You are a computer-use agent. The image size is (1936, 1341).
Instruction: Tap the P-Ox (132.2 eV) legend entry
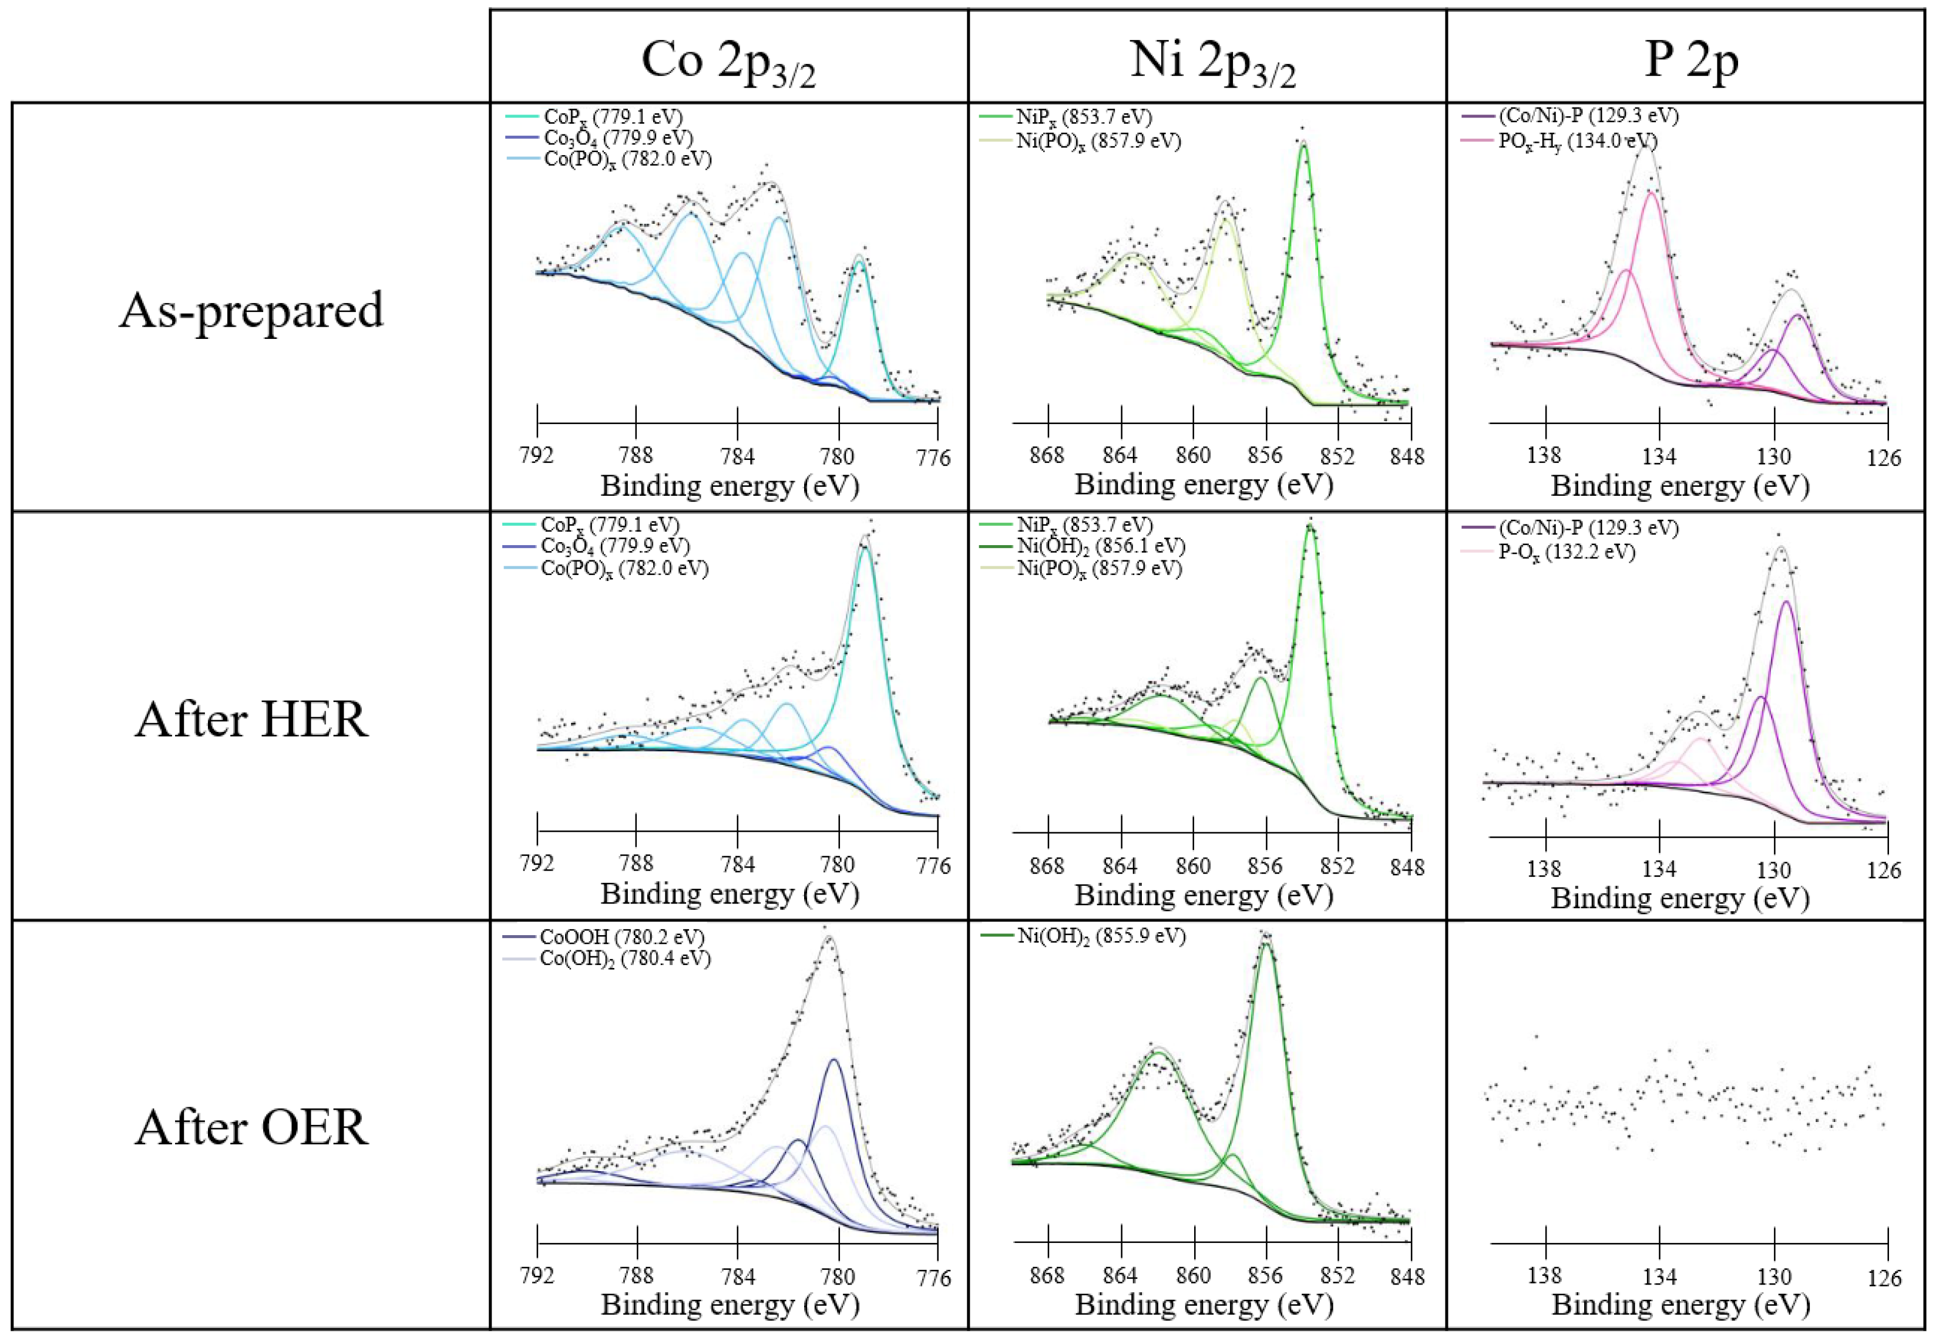tap(1567, 552)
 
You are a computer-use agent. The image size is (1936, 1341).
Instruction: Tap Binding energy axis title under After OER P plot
tap(1680, 1305)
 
